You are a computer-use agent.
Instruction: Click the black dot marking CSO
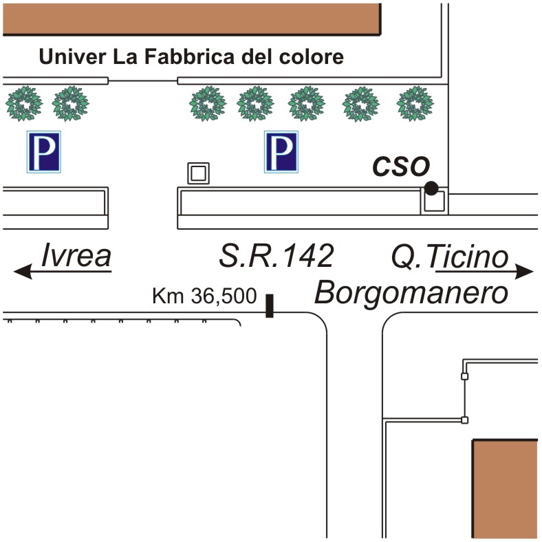tap(431, 188)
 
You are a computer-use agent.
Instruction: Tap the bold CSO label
tap(401, 166)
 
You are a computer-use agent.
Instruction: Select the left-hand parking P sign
tap(44, 152)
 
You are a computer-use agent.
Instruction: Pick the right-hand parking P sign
tap(281, 152)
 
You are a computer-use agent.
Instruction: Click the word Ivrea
tap(76, 255)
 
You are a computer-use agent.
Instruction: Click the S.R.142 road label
tap(276, 256)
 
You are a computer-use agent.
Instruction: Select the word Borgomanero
tap(412, 294)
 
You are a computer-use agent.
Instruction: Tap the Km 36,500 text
tap(204, 298)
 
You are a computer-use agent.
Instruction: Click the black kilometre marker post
tap(270, 306)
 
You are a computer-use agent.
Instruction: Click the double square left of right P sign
tap(199, 173)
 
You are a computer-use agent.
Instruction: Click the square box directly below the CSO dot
tap(433, 202)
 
